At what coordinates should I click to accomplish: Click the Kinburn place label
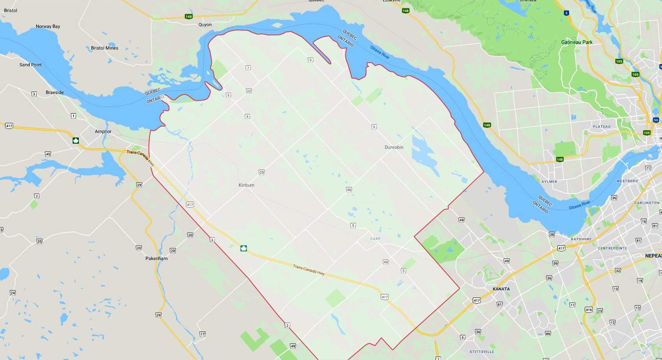pyautogui.click(x=246, y=185)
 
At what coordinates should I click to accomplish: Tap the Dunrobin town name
pyautogui.click(x=394, y=148)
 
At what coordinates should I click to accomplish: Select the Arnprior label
pyautogui.click(x=103, y=132)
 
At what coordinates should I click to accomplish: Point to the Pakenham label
pyautogui.click(x=157, y=258)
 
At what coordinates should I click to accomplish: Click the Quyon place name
pyautogui.click(x=205, y=25)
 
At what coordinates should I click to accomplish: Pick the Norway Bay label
pyautogui.click(x=48, y=26)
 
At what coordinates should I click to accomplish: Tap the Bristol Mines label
pyautogui.click(x=104, y=48)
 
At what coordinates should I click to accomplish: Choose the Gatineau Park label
pyautogui.click(x=577, y=42)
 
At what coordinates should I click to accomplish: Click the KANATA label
pyautogui.click(x=501, y=289)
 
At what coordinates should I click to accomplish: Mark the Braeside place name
pyautogui.click(x=55, y=93)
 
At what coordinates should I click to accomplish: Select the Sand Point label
pyautogui.click(x=30, y=65)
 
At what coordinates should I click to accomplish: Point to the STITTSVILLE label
pyautogui.click(x=482, y=352)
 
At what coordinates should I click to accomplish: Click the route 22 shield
pyautogui.click(x=249, y=91)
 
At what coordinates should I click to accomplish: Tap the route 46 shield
pyautogui.click(x=349, y=190)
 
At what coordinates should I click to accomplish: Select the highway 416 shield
pyautogui.click(x=588, y=310)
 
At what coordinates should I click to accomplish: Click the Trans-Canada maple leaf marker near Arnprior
pyautogui.click(x=76, y=140)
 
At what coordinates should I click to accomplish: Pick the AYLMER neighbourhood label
pyautogui.click(x=549, y=182)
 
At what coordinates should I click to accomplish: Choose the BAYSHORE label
pyautogui.click(x=581, y=239)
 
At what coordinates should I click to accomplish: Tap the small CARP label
pyautogui.click(x=375, y=239)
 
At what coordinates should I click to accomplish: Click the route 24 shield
pyautogui.click(x=13, y=293)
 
